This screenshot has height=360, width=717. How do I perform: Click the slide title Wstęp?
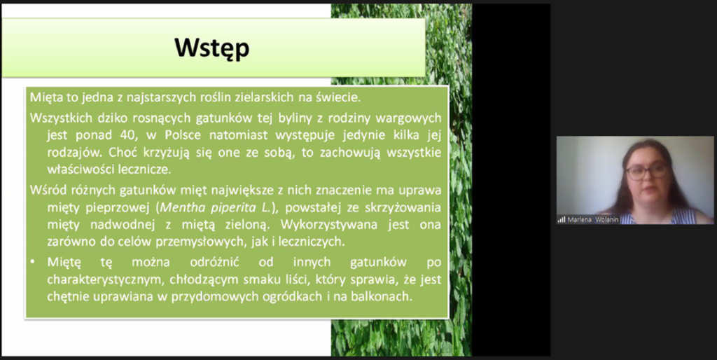pos(212,48)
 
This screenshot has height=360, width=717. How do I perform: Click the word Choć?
pos(123,152)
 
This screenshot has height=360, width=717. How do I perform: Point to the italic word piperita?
pos(233,208)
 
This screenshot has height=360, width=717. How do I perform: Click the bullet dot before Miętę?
pos(32,262)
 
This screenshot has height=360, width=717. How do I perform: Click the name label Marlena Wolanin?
pos(592,219)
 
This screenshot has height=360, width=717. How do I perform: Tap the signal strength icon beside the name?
pos(561,219)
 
